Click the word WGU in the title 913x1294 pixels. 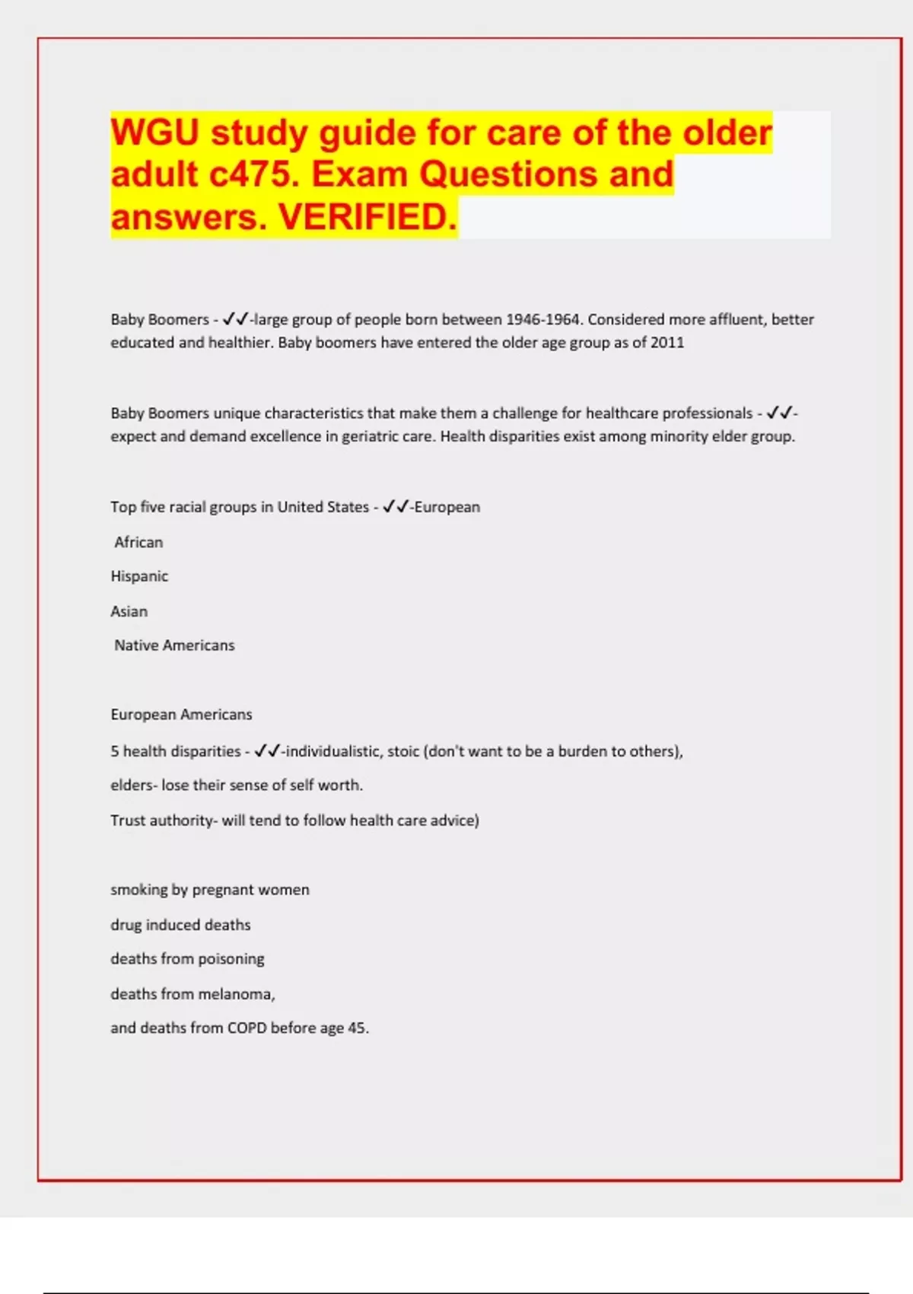coord(155,133)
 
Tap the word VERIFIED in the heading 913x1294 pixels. coord(367,218)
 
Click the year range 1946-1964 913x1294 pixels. coord(543,320)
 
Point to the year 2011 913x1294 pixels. coord(667,343)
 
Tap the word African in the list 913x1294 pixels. coord(138,542)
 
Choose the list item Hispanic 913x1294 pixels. coord(139,576)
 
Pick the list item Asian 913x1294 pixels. coord(129,611)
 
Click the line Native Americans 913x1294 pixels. coord(174,645)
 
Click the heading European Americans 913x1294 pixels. coord(181,715)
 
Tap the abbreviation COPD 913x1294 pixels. coord(247,1028)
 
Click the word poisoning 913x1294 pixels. coord(231,959)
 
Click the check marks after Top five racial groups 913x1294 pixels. coord(396,507)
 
